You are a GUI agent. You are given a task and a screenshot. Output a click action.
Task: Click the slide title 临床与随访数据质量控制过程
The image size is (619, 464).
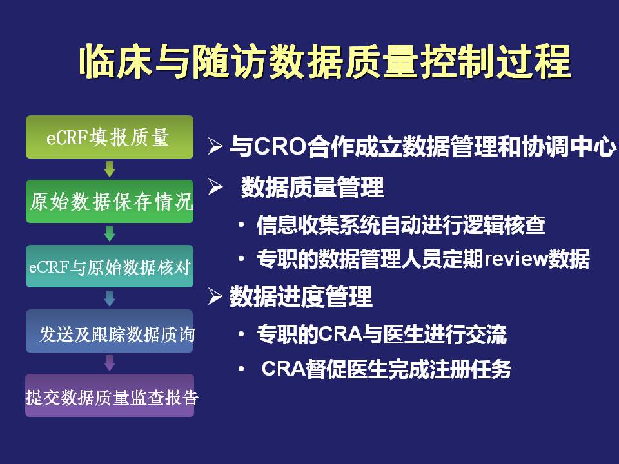[325, 61]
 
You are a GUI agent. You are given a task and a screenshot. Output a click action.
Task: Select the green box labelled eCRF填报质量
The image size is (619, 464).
[110, 137]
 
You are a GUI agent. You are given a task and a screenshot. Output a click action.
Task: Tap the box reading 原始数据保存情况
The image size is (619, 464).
[110, 201]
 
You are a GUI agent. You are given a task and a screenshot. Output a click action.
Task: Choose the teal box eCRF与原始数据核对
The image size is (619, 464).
[110, 266]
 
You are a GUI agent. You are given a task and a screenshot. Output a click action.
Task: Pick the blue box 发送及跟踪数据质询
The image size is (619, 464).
[110, 331]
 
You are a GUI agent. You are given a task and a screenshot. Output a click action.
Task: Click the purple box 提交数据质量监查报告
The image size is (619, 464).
[110, 395]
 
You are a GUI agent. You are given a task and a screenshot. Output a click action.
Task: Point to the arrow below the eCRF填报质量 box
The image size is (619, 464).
[110, 169]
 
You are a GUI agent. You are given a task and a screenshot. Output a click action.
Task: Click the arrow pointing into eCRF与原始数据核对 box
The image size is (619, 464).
[110, 233]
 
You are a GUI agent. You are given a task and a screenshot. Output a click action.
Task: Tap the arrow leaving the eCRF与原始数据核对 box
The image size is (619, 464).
[110, 298]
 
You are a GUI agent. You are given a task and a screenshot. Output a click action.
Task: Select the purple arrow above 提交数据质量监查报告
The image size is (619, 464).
[110, 363]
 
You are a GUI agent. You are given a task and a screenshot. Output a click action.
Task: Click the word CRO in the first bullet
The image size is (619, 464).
[280, 146]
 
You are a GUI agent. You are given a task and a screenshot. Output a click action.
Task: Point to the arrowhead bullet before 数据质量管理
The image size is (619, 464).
[215, 187]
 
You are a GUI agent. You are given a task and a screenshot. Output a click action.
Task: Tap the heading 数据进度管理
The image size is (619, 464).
[301, 296]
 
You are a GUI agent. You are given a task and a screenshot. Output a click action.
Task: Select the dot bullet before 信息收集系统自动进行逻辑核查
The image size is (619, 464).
[241, 225]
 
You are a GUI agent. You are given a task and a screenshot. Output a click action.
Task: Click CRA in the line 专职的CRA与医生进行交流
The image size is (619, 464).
[340, 334]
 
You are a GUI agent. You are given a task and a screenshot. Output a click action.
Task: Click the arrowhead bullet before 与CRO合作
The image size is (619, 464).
[215, 146]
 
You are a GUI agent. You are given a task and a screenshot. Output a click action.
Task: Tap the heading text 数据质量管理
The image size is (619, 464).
[312, 187]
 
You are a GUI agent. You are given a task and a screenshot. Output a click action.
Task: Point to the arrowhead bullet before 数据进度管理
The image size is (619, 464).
[215, 296]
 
